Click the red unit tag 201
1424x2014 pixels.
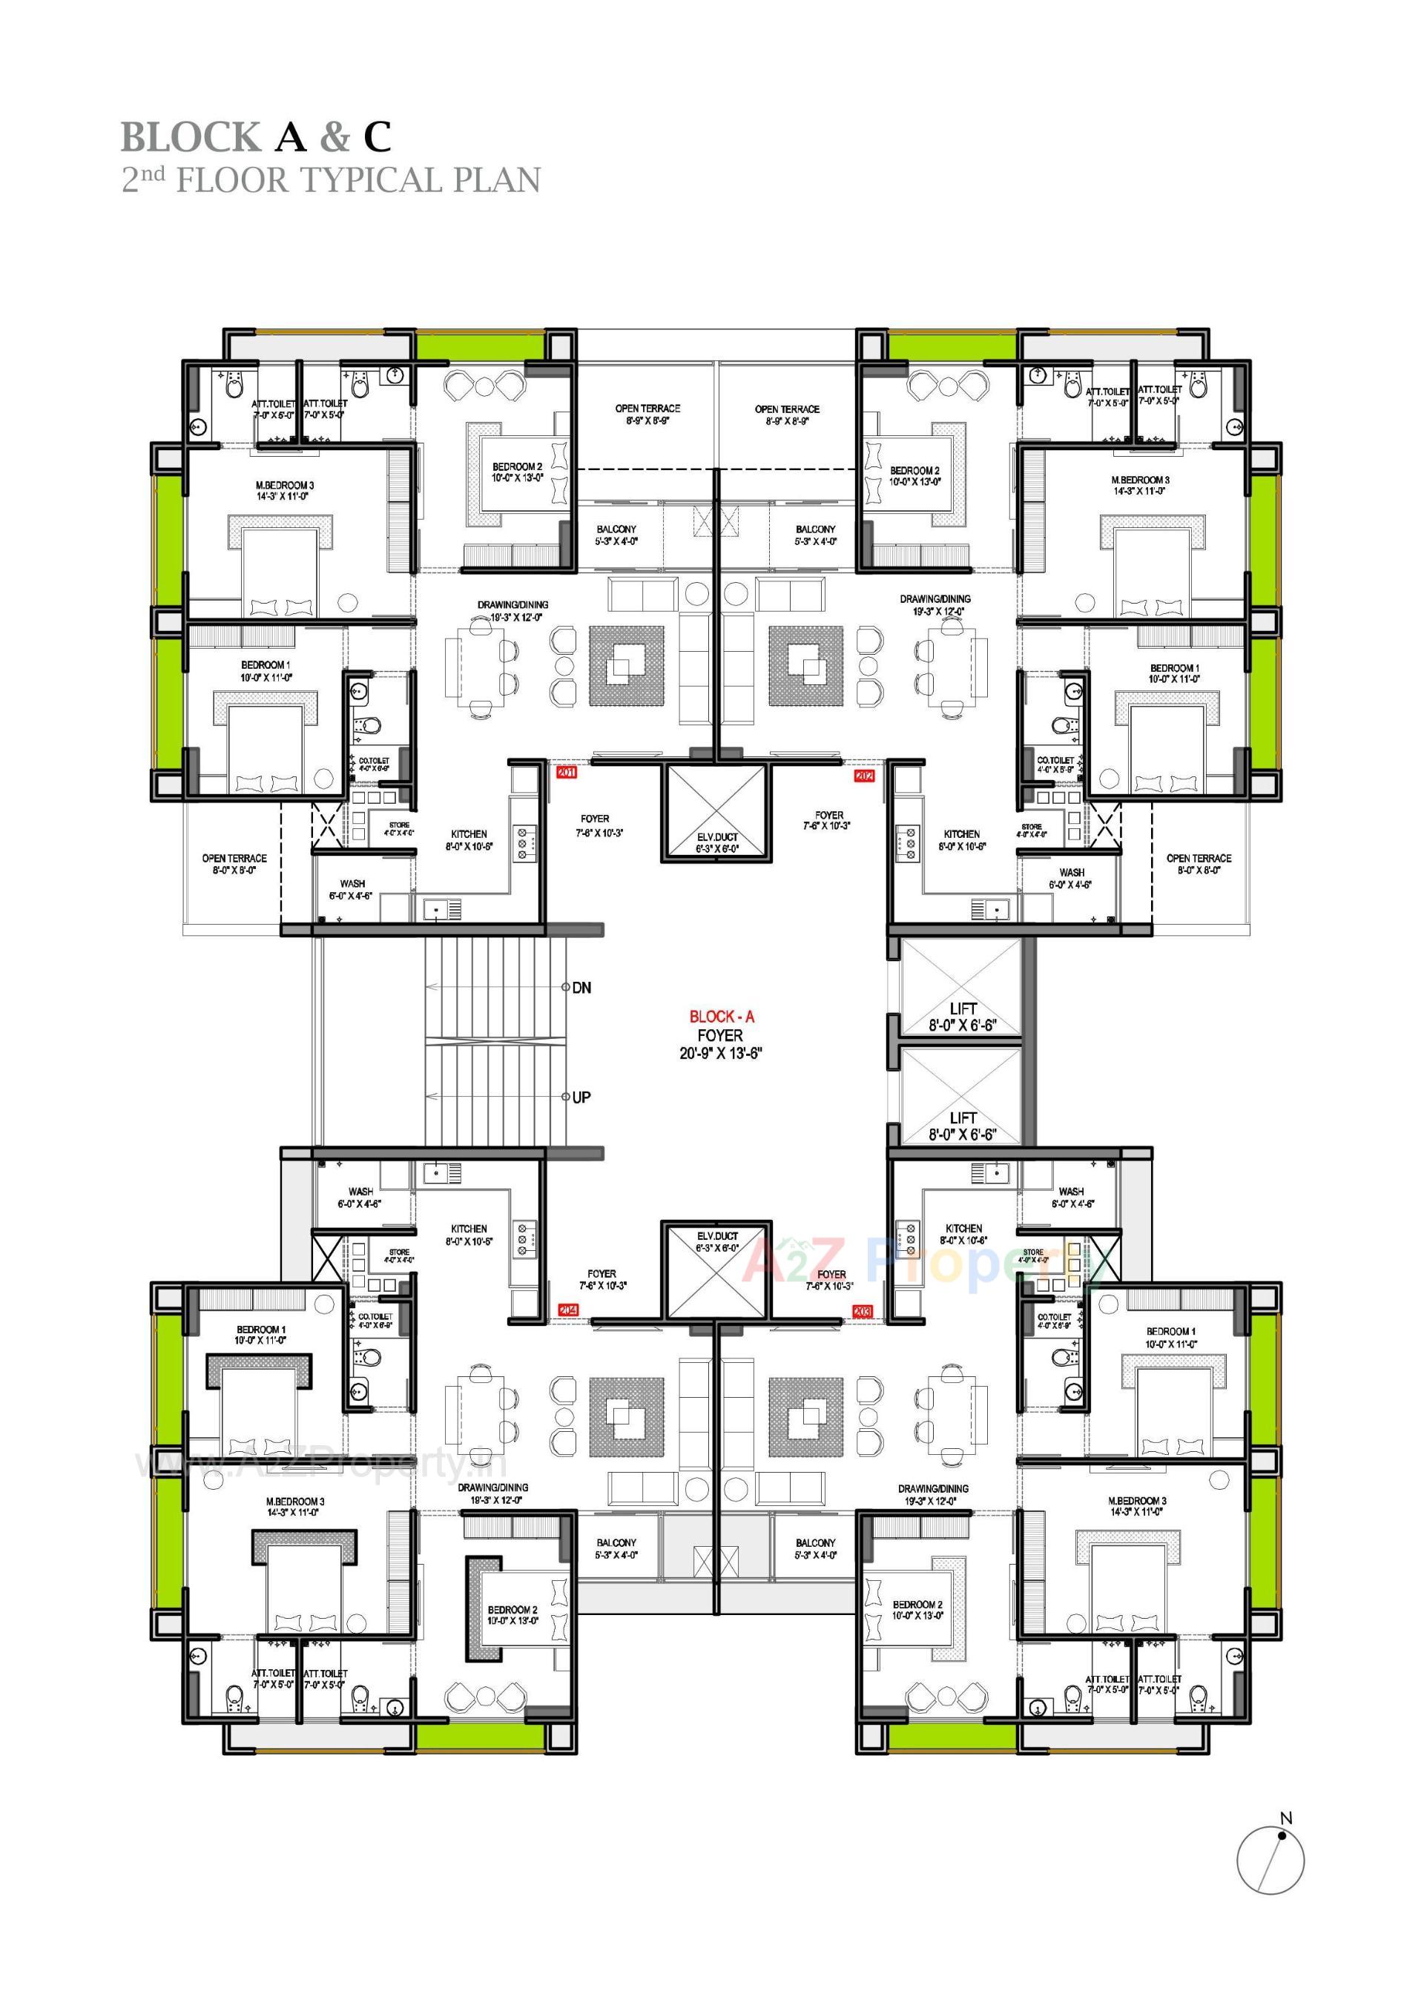tap(566, 773)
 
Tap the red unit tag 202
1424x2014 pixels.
tap(864, 776)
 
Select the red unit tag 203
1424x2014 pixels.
tap(861, 1310)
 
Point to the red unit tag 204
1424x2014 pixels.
tap(567, 1310)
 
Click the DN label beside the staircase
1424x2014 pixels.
tap(581, 988)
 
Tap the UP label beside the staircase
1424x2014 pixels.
tap(581, 1097)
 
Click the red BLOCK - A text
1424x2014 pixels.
tap(721, 1017)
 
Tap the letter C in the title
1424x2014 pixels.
tap(378, 137)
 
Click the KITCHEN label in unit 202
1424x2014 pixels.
tap(962, 834)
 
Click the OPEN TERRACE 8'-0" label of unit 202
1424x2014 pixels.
tap(1199, 859)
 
